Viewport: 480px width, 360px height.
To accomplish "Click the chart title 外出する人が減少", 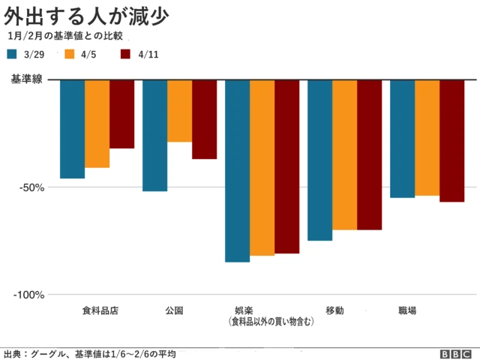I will [86, 14].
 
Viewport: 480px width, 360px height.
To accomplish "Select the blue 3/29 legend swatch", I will [13, 54].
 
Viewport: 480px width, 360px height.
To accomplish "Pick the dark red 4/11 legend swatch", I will [126, 54].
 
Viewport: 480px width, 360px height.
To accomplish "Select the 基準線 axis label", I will [26, 79].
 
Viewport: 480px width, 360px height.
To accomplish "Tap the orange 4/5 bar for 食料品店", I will [97, 124].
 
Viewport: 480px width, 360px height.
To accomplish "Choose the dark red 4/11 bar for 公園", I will [204, 119].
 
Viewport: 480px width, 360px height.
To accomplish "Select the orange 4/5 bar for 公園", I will [179, 111].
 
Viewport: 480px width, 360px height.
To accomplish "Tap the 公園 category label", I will [173, 310].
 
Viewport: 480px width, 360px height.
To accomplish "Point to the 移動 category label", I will [335, 310].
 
